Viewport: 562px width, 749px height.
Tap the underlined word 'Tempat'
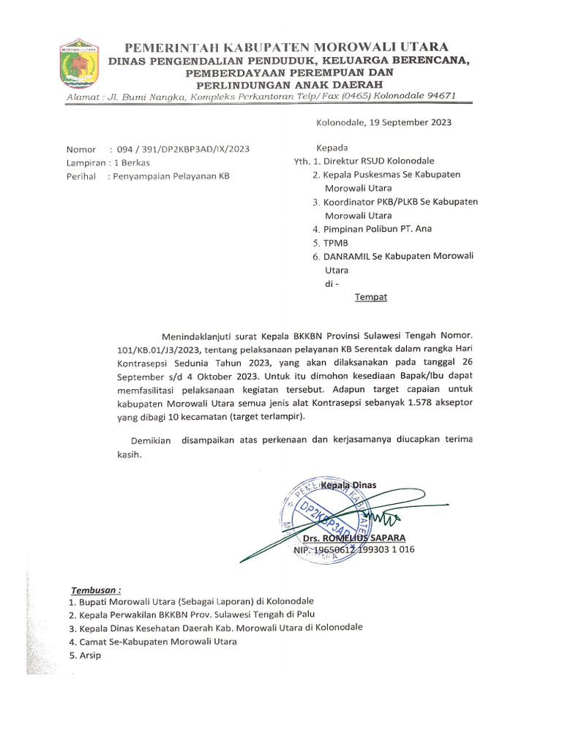(371, 297)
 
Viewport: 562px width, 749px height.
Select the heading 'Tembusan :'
(95, 590)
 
